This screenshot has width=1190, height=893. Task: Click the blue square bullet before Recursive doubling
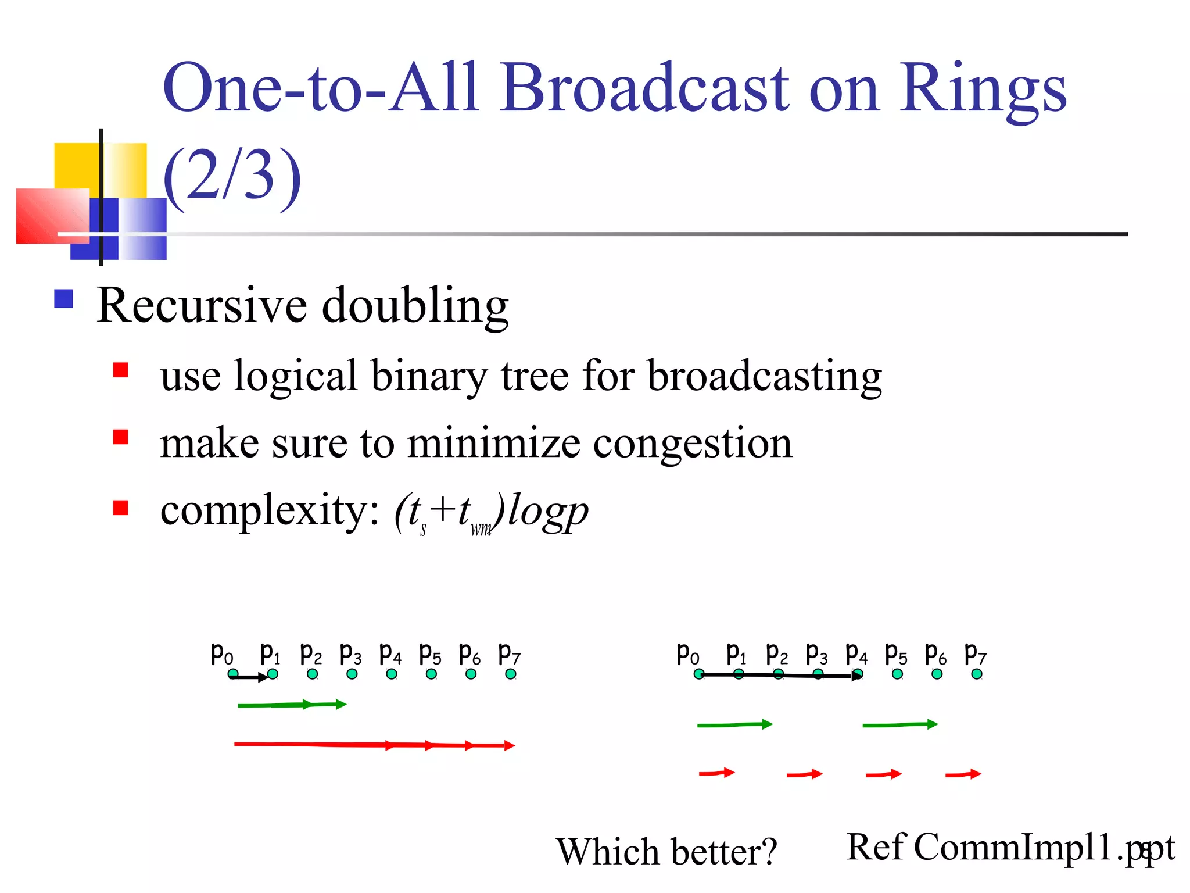(63, 299)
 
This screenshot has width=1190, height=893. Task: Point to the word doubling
(415, 306)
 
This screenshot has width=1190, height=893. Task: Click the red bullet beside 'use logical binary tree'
(120, 370)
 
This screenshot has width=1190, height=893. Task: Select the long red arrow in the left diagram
(372, 745)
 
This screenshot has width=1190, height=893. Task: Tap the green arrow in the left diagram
(291, 705)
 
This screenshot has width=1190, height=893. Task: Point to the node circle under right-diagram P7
(977, 674)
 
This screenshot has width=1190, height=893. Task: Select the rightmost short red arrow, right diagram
(963, 774)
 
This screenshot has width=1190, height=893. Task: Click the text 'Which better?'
(666, 852)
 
